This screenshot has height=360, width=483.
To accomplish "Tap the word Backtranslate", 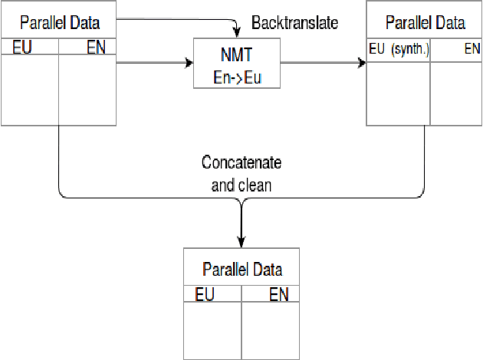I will [294, 22].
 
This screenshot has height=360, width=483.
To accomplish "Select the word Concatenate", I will [242, 162].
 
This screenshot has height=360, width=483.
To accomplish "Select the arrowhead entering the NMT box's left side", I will [189, 64].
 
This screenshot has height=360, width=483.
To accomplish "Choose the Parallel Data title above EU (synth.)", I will [426, 22].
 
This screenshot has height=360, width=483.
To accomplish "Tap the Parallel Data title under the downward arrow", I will [242, 269].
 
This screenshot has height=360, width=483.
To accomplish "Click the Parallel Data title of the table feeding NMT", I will [59, 22].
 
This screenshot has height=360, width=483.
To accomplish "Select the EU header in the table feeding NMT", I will [22, 47].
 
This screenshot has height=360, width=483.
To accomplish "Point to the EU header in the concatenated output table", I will [205, 294].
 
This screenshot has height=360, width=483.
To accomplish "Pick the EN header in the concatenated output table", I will [278, 294].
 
